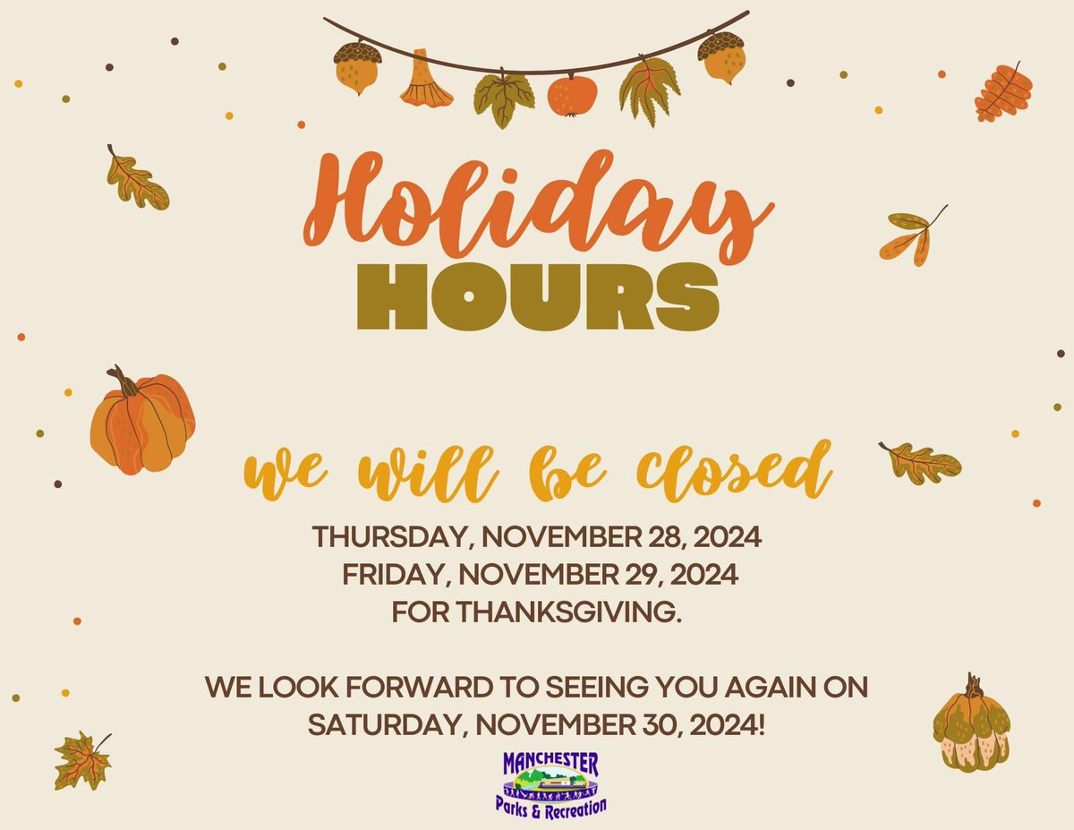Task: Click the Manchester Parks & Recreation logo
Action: [551, 783]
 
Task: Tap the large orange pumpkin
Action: [142, 425]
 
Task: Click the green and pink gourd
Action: [971, 725]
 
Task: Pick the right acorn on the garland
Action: [721, 57]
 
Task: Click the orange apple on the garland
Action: [571, 95]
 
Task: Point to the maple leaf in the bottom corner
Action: [82, 759]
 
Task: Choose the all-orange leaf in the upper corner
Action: [1003, 92]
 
